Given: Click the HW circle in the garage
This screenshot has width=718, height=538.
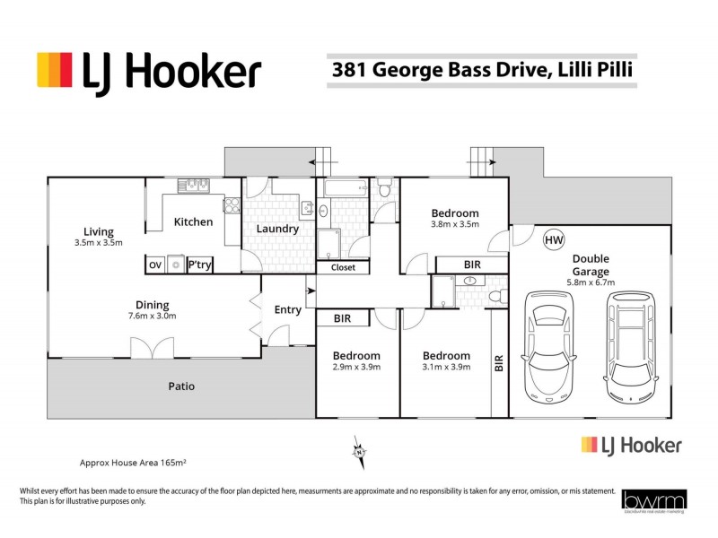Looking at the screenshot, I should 554,240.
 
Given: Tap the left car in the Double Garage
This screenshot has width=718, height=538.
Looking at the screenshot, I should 547,345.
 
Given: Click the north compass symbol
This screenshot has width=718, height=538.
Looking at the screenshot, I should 358,452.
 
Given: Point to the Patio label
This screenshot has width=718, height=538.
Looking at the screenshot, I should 181,386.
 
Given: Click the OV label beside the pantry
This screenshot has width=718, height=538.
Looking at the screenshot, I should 154,265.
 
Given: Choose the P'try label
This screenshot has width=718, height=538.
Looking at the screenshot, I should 198,265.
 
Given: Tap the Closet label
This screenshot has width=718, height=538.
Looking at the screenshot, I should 343,267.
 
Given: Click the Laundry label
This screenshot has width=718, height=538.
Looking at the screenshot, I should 277,229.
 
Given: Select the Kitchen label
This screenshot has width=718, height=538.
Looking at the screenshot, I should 193,221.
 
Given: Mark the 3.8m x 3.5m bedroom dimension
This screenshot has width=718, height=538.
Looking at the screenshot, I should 455,225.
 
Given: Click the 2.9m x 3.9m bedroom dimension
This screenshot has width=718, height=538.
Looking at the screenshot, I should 356,367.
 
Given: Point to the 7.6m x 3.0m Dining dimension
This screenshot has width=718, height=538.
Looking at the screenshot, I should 152,316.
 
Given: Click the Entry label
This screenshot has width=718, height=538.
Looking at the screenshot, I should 287,310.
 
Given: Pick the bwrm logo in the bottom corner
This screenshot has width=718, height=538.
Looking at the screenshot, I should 652,501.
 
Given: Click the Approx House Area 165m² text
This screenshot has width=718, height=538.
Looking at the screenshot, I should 133,464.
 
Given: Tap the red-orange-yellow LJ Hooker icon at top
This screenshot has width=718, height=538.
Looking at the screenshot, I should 54,69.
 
